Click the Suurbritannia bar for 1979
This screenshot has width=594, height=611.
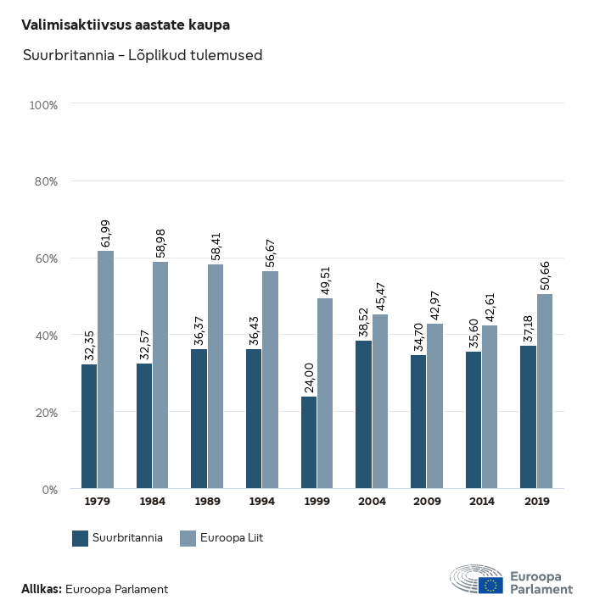89,426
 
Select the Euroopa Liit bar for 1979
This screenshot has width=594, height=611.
105,369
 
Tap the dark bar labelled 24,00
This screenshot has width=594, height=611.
309,442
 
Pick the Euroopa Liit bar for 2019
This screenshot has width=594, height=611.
545,392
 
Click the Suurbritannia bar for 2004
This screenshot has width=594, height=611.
363,414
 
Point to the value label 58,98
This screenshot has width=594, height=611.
160,242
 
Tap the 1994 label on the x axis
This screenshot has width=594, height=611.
261,502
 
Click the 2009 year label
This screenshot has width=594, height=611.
426,502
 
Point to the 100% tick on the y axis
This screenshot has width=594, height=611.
43,105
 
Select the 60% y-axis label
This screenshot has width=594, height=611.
46,258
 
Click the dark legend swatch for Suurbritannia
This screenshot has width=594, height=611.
81,538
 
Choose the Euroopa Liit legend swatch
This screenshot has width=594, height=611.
188,538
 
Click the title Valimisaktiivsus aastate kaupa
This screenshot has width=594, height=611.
126,25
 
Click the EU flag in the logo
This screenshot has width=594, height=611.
490,585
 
